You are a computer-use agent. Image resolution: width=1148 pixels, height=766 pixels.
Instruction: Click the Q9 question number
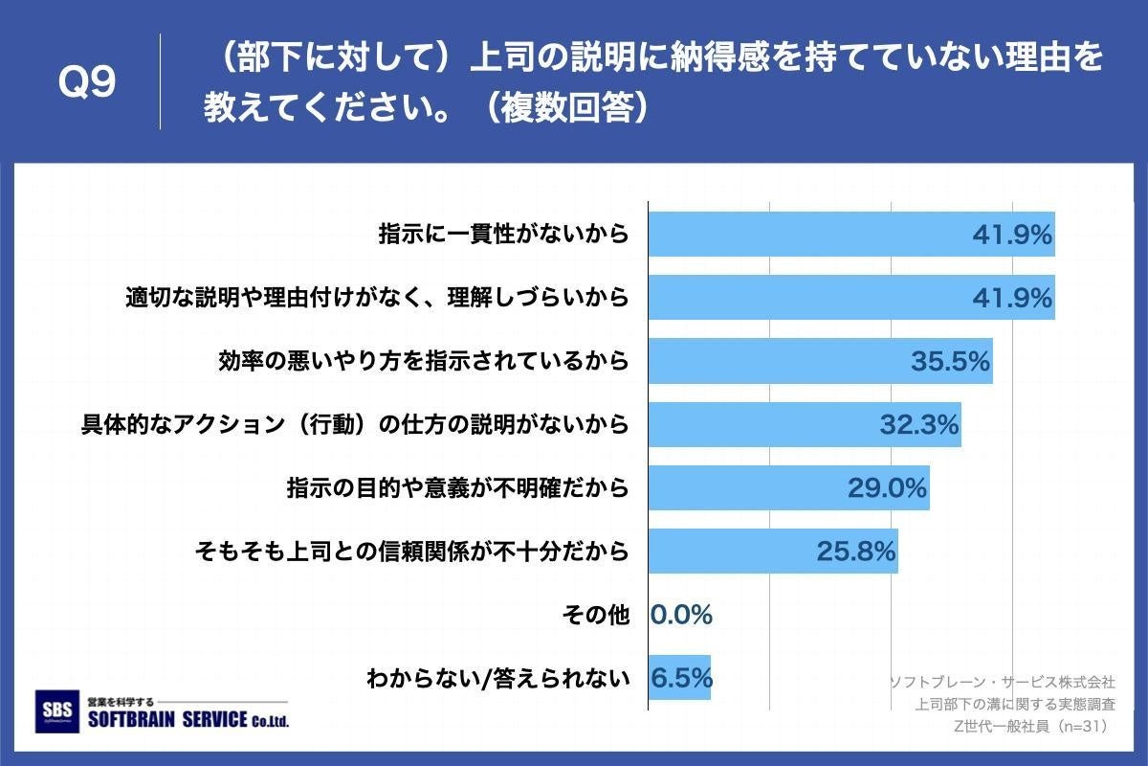click(87, 83)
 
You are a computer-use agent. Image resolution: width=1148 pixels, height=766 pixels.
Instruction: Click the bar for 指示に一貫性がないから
click(813, 234)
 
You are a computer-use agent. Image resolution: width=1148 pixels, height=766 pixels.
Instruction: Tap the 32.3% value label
click(919, 424)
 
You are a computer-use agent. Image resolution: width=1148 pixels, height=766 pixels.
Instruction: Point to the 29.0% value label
click(888, 487)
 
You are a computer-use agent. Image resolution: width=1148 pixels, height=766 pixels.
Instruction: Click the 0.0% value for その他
click(681, 615)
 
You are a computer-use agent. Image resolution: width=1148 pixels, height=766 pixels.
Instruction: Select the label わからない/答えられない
click(498, 679)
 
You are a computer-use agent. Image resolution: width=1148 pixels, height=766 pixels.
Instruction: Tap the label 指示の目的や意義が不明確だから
click(457, 488)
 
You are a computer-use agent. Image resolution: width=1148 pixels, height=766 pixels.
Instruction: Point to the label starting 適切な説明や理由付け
click(377, 298)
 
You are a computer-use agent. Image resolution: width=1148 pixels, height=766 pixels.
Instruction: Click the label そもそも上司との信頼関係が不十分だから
click(411, 552)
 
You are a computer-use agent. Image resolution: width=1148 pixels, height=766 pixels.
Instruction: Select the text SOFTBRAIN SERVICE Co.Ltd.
click(188, 720)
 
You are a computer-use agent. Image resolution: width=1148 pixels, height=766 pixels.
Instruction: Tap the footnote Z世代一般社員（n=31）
click(1033, 726)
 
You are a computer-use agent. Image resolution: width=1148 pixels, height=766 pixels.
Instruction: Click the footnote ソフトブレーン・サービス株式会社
click(1002, 682)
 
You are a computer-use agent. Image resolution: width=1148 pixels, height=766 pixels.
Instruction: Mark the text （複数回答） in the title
click(564, 106)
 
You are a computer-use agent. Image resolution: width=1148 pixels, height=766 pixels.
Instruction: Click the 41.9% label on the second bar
click(1012, 298)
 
